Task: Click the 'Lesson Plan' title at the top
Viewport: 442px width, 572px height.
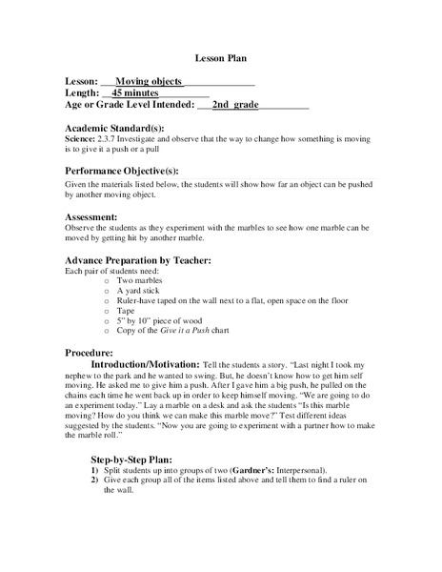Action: [x=221, y=57]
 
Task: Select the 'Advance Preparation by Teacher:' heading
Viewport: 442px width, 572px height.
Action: [x=137, y=261]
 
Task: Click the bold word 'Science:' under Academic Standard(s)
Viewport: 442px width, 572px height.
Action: [x=81, y=139]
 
